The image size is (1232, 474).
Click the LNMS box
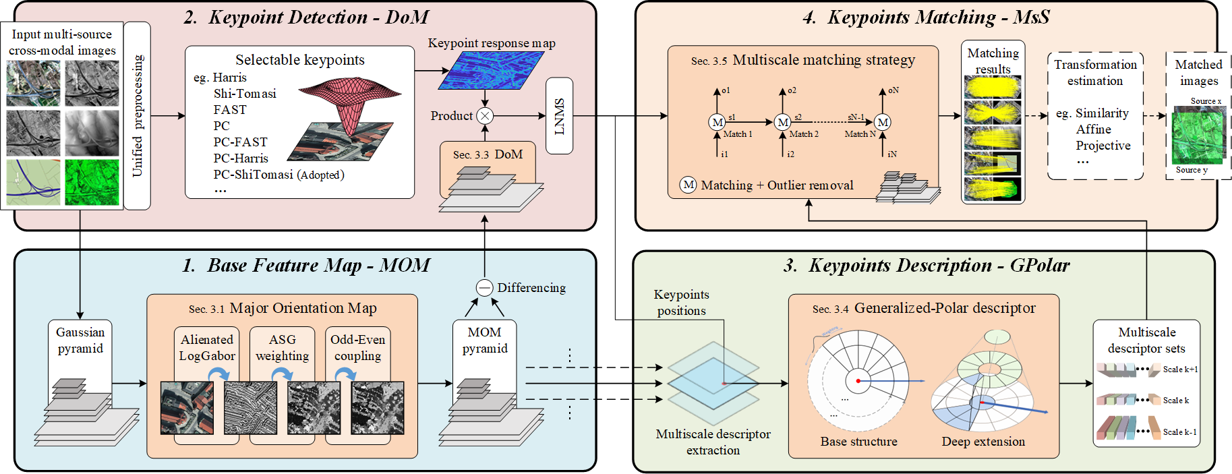(x=559, y=116)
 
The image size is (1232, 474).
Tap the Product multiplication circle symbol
(x=485, y=116)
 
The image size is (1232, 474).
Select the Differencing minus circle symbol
(x=485, y=288)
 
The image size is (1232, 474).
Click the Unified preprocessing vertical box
(x=138, y=116)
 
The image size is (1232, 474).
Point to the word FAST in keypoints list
(x=230, y=110)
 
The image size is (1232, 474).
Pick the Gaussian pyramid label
(x=80, y=340)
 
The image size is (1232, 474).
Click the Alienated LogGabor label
(x=207, y=348)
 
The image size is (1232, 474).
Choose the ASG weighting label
(x=282, y=348)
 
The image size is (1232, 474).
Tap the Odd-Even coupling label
(x=357, y=348)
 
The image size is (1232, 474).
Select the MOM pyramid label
(x=485, y=340)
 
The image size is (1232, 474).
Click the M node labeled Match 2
(x=782, y=123)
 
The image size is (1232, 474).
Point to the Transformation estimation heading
(x=1095, y=73)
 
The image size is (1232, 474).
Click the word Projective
(x=1103, y=146)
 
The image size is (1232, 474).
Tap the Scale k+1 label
(x=1180, y=369)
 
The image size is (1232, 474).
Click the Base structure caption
(x=858, y=442)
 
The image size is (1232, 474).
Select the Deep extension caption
(x=983, y=442)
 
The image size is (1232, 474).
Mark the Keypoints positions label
(x=681, y=303)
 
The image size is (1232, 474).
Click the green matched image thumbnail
(x=1198, y=135)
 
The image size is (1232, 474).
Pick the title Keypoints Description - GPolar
(x=926, y=266)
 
